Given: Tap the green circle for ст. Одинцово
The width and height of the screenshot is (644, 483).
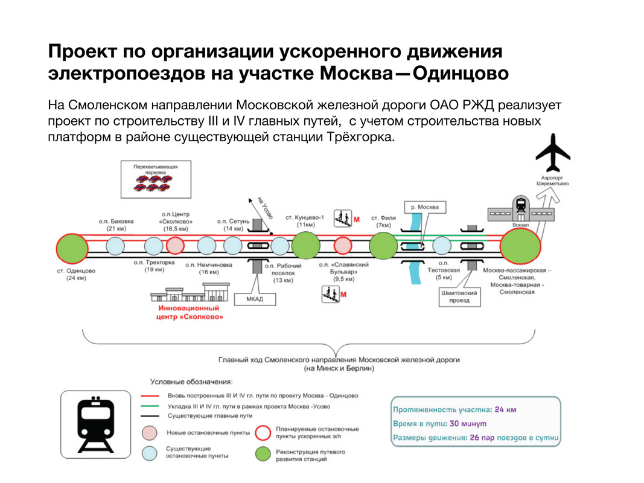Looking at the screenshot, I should (72, 247).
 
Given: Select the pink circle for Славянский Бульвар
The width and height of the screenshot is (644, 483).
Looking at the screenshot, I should (342, 246).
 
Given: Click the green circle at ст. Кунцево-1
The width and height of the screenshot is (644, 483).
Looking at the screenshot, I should (305, 246).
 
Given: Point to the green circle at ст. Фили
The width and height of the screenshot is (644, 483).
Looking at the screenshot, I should (383, 246).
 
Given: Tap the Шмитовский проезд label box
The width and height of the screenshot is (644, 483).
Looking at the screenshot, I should (459, 296).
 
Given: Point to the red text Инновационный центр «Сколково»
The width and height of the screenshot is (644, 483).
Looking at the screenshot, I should (190, 312).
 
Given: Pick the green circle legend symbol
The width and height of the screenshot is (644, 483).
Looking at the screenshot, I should (263, 454).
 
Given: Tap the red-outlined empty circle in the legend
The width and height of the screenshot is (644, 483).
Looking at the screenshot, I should (263, 432).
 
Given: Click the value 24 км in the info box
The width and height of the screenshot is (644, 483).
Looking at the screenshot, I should (505, 409).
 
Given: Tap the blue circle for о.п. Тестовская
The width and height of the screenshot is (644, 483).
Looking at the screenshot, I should (442, 246).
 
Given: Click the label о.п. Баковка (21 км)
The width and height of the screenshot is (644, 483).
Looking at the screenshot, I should (115, 225).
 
